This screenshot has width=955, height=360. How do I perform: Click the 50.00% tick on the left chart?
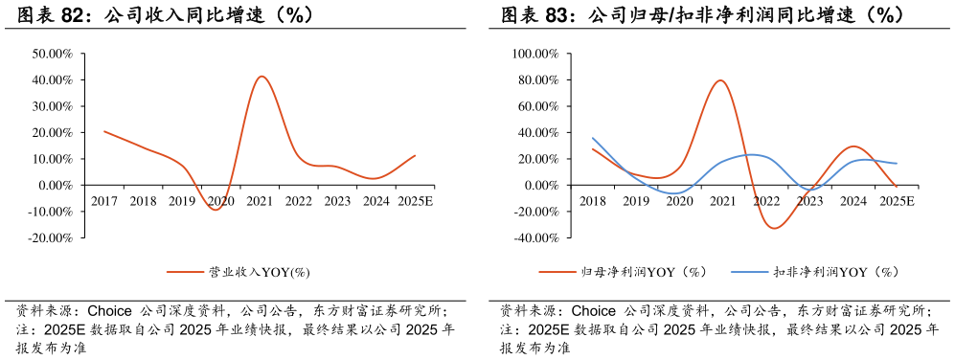pos(53,54)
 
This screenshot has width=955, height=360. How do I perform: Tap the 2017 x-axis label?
pos(104,201)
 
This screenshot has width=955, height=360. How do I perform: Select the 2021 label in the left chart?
pos(260,201)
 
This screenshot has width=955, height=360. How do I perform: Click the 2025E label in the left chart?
pos(414,201)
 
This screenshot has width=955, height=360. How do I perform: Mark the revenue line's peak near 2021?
pos(261,77)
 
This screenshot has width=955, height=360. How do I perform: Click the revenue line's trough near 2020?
pos(216,209)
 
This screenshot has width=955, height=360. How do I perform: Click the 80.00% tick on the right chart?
pos(537,79)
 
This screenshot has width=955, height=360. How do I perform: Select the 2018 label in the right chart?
pos(593,201)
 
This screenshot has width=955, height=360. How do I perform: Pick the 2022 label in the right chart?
pos(766,201)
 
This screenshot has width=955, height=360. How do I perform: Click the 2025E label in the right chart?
pos(897,201)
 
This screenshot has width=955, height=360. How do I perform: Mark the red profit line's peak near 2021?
pos(720,80)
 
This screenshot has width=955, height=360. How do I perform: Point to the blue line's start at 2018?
pos(593,138)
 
